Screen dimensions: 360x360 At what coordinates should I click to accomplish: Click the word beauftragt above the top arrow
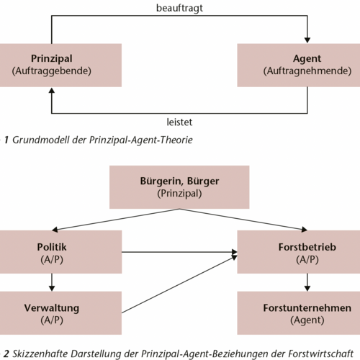point(179,9)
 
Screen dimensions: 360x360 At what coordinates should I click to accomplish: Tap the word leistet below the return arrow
point(179,122)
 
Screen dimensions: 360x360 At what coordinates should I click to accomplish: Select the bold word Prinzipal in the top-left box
point(52,59)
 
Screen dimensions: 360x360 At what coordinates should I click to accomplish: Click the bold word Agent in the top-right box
point(307,59)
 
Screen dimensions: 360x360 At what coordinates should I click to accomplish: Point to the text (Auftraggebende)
point(52,71)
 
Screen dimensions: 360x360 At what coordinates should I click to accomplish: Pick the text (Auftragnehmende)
point(307,71)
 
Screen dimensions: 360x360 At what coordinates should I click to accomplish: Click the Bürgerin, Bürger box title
point(179,181)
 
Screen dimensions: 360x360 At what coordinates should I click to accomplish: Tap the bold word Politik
point(52,247)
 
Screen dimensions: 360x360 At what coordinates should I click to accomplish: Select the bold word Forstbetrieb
point(307,247)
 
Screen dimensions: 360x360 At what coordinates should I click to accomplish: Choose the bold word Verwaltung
point(52,308)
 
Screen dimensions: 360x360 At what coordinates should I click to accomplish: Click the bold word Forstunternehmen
point(307,308)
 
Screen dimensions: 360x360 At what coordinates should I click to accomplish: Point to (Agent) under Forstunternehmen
point(307,320)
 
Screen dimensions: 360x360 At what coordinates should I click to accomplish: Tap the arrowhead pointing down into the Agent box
point(307,40)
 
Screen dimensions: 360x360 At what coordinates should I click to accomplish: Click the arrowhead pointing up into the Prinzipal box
point(52,90)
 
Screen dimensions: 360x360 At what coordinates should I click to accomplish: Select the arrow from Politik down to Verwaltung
point(52,282)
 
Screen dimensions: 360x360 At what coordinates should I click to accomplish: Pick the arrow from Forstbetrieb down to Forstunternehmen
point(307,282)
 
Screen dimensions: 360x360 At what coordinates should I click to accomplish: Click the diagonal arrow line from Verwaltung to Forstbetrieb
point(179,284)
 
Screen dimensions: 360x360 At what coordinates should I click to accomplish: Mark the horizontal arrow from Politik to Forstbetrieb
point(179,252)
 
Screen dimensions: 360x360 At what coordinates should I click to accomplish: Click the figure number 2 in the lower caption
point(6,354)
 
